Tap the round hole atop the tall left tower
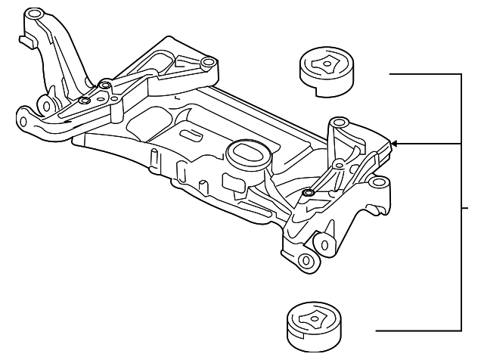click(33, 14)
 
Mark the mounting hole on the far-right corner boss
click(380, 182)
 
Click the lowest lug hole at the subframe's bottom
click(306, 261)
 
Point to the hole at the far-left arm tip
click(23, 119)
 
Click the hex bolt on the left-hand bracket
click(84, 101)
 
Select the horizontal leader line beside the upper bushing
click(423, 74)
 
